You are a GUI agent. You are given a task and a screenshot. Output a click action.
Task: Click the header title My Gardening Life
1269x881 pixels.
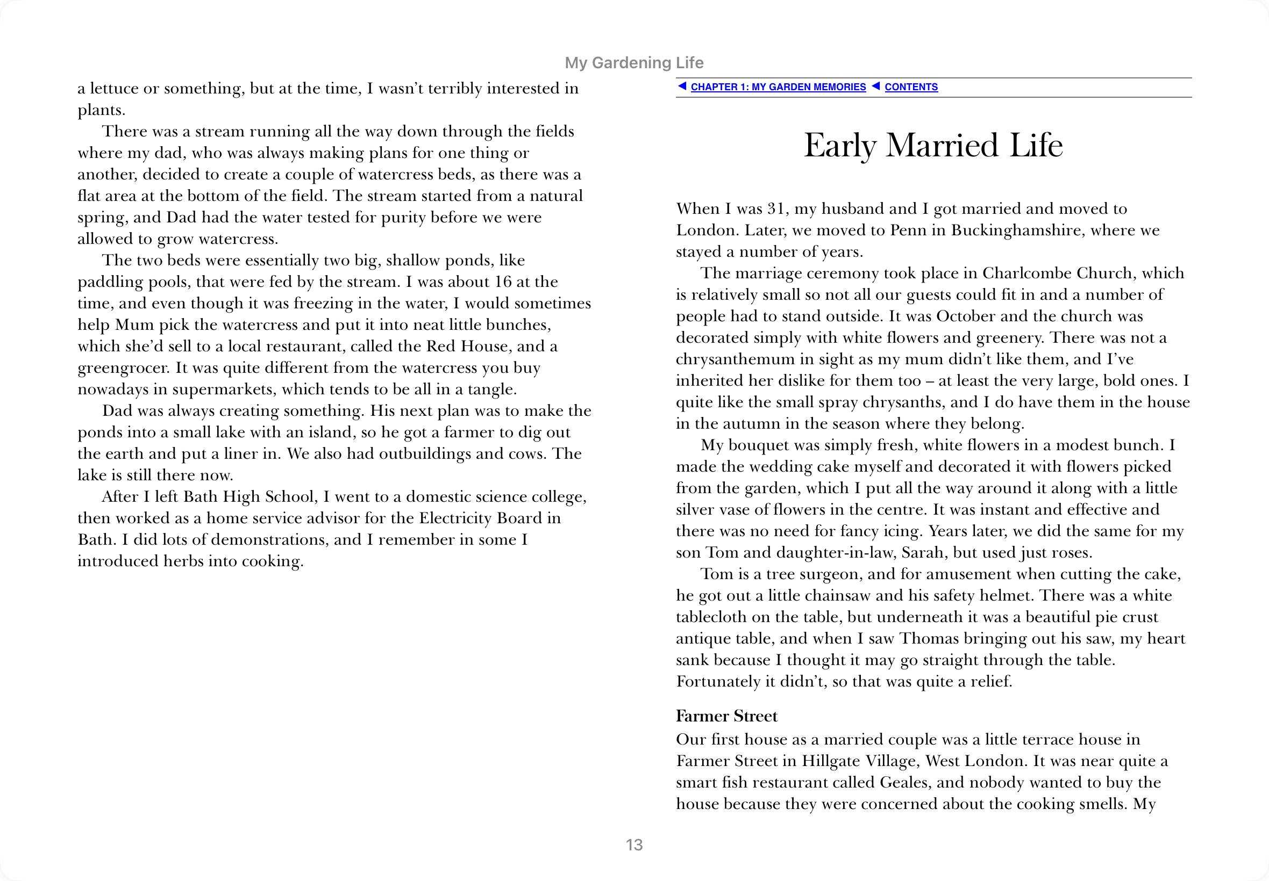coord(633,63)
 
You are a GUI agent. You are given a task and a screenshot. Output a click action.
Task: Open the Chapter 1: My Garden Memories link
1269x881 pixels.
coord(778,87)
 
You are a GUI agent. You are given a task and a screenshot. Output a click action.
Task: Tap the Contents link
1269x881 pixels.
coord(911,87)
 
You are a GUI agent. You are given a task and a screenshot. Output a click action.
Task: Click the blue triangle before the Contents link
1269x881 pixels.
coord(875,86)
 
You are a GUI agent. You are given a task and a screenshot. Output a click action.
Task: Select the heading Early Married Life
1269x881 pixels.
coord(933,145)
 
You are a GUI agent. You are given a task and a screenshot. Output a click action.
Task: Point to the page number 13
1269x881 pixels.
coord(634,844)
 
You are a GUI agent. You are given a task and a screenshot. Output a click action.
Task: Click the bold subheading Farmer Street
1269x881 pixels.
coord(726,716)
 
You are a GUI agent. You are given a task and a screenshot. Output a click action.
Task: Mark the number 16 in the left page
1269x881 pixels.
coord(502,282)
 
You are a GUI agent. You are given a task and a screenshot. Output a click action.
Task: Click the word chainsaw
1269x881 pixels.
coord(839,596)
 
